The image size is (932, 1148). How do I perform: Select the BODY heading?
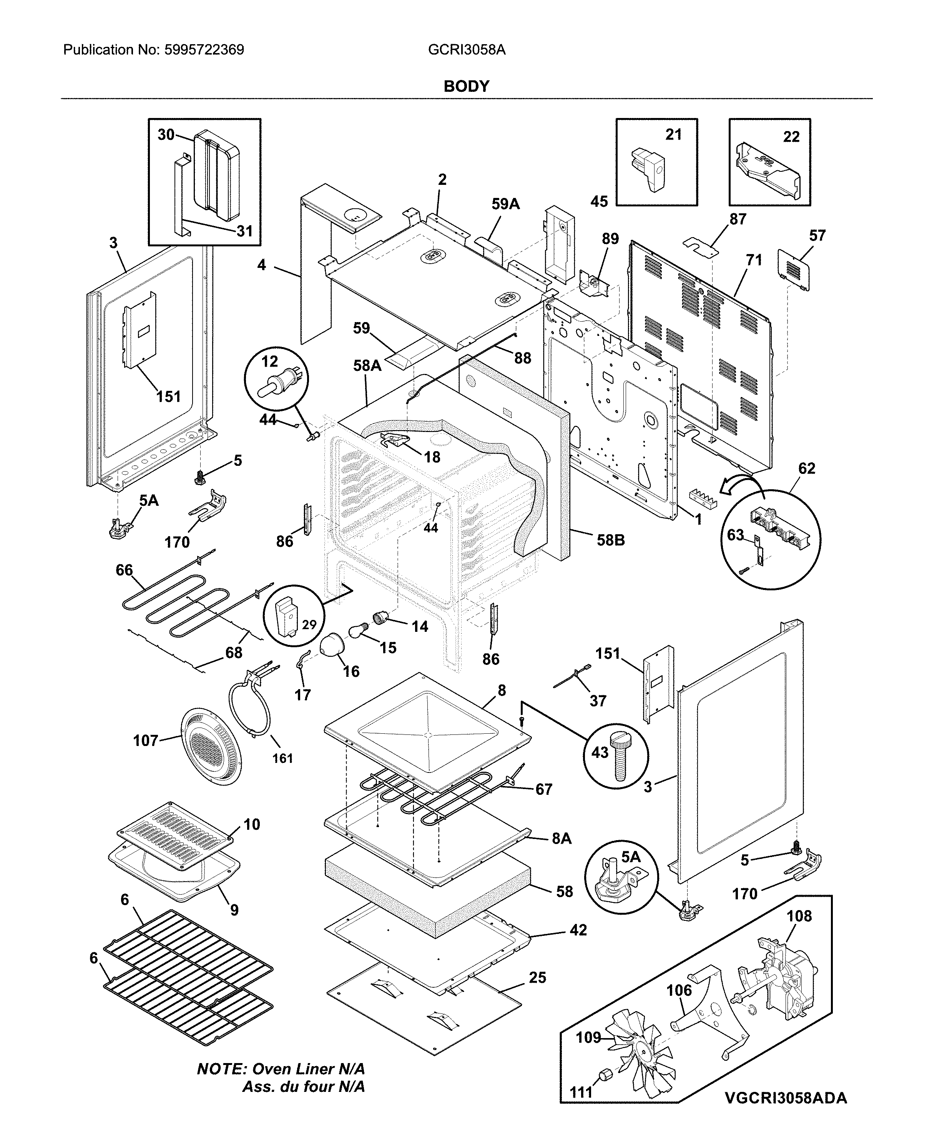[466, 86]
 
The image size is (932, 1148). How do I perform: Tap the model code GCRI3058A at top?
[467, 50]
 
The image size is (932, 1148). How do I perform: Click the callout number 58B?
[611, 540]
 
